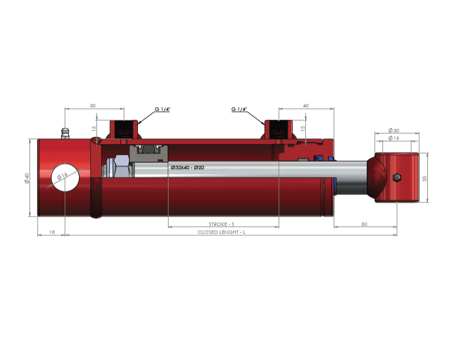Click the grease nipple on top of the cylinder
click(65, 133)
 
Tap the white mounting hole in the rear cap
click(65, 177)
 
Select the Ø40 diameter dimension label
click(27, 178)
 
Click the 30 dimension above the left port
click(93, 106)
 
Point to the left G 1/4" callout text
click(162, 109)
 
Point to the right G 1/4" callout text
click(239, 109)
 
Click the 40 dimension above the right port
click(306, 106)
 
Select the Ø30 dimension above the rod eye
click(394, 130)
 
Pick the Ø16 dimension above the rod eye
click(394, 138)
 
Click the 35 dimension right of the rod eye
click(424, 179)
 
